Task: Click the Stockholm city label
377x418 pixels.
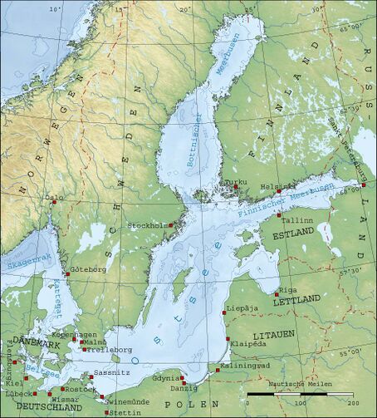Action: tap(143, 225)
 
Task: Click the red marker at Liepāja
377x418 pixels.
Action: tap(225, 313)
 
